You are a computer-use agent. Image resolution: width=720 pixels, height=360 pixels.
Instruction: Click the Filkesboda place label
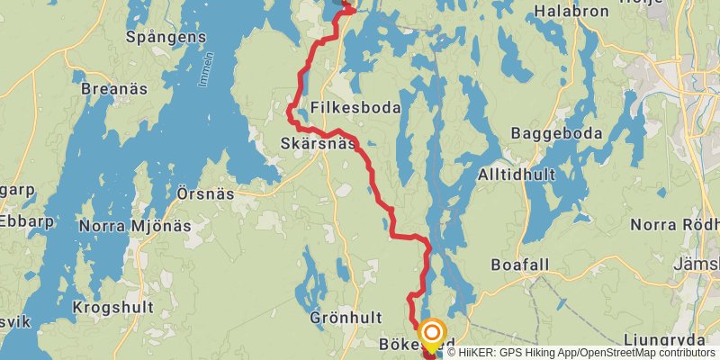(x=355, y=107)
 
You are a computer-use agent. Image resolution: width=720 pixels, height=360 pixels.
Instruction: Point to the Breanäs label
(x=113, y=89)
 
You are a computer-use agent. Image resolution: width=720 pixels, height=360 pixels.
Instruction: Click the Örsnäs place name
(x=205, y=193)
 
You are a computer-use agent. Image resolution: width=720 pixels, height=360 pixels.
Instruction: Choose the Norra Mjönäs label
(x=135, y=226)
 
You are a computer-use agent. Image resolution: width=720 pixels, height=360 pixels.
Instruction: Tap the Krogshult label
(x=112, y=308)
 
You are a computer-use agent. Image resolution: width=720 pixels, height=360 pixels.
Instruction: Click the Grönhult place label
(x=346, y=318)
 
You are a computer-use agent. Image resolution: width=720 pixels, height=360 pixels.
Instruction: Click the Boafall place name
(x=519, y=265)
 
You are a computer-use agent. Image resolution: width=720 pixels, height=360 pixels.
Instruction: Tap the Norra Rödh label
(x=675, y=224)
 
